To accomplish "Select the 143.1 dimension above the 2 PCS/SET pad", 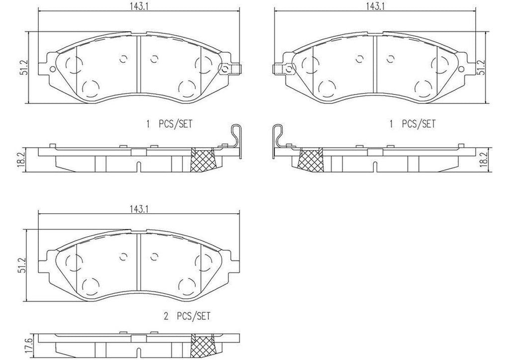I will point(139,210).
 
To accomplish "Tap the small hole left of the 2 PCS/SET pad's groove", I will point(123,257).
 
